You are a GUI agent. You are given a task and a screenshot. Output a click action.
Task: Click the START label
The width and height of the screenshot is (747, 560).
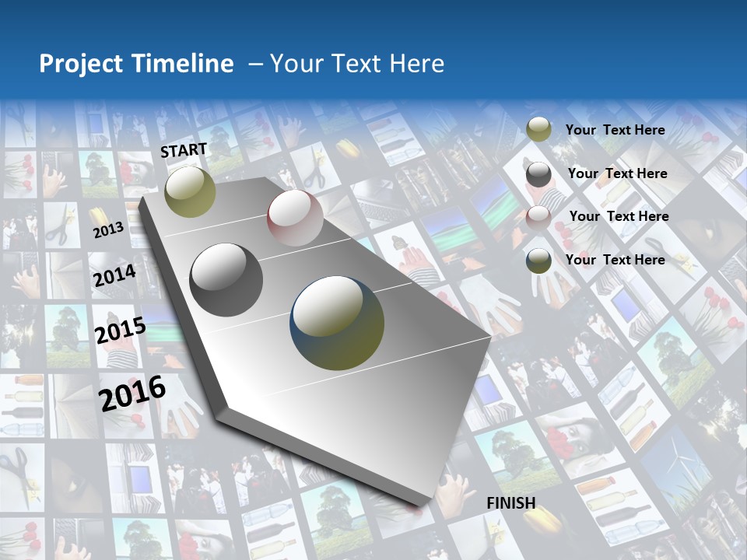(184, 150)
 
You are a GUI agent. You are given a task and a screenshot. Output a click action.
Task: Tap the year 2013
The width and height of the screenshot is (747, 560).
(108, 229)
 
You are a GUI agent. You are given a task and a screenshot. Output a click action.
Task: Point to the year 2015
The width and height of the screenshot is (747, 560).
(120, 330)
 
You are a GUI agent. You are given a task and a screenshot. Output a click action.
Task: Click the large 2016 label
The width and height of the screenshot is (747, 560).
(132, 393)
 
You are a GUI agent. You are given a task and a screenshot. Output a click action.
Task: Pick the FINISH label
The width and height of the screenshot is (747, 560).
(511, 503)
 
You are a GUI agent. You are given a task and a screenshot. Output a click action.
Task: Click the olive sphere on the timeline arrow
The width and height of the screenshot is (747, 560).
(190, 191)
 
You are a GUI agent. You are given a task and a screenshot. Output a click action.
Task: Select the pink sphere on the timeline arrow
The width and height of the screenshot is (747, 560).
(295, 218)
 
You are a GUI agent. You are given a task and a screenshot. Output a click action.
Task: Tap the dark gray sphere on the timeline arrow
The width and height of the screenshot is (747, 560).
(226, 280)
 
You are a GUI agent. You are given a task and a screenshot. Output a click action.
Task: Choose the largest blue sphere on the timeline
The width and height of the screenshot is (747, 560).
(338, 323)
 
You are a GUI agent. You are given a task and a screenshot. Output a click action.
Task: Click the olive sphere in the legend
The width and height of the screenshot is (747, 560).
(538, 130)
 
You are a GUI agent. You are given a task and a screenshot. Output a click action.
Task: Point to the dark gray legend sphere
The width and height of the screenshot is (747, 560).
(538, 174)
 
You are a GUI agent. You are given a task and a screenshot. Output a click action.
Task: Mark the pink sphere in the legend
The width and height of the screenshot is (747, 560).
(538, 218)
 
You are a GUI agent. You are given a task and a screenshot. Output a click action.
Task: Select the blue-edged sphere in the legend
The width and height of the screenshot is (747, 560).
(538, 261)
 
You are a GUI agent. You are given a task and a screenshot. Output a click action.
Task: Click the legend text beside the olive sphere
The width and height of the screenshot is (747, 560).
(615, 130)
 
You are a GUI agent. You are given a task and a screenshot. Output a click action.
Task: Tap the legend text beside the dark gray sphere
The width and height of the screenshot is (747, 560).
(617, 173)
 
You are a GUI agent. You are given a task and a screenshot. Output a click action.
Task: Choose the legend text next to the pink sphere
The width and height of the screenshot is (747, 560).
(619, 216)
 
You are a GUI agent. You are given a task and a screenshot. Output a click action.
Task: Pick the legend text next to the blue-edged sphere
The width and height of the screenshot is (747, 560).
(615, 260)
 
